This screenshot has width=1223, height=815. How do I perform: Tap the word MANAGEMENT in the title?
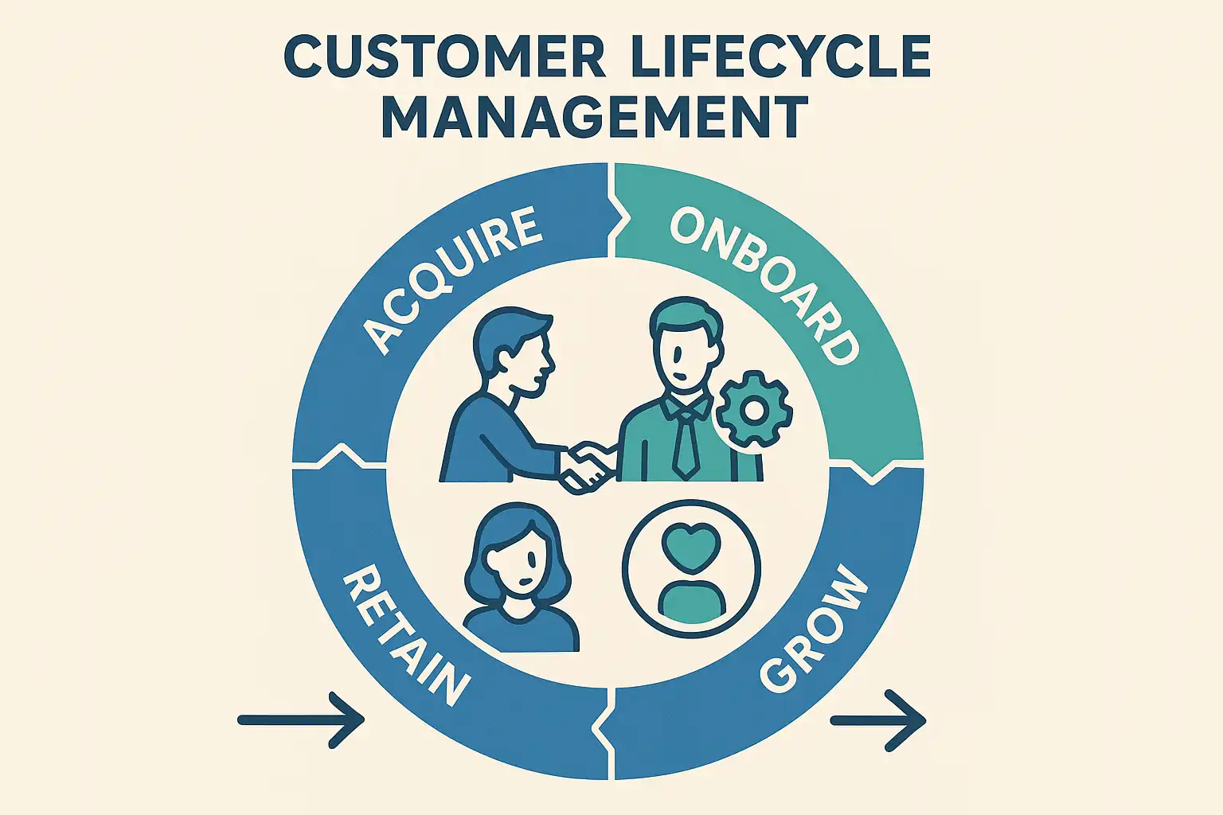[x=595, y=117]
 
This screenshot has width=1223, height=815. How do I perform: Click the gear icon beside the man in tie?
[x=753, y=410]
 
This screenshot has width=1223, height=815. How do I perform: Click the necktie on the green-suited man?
[x=685, y=446]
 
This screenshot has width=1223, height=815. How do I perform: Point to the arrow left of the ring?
[x=301, y=720]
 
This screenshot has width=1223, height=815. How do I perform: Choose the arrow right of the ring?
[x=878, y=720]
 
